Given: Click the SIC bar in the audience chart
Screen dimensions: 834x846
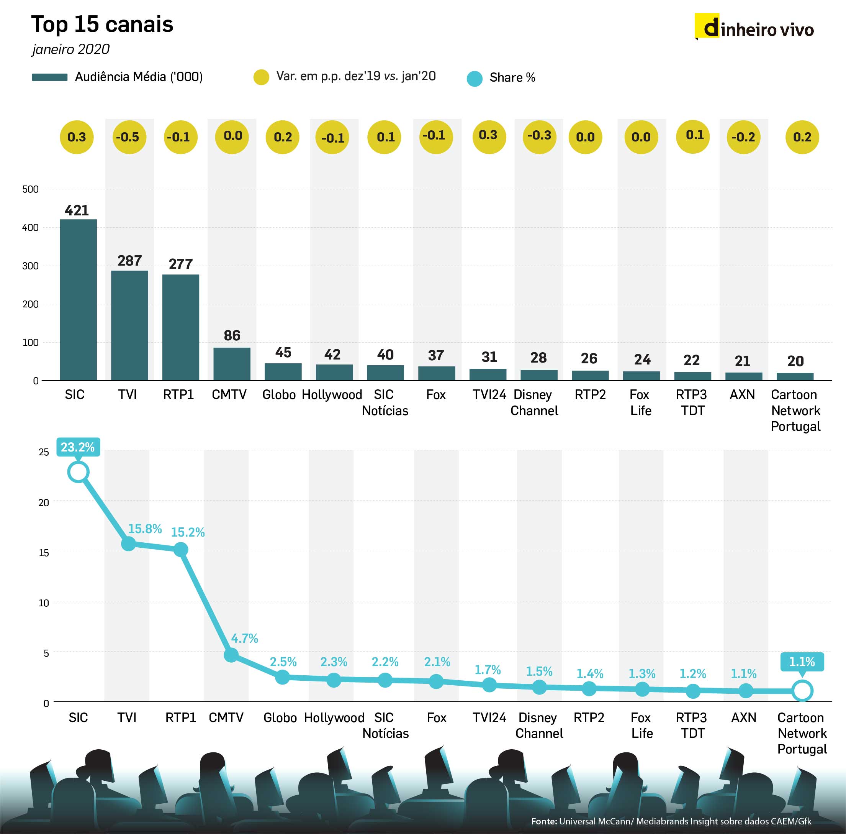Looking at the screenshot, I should [x=79, y=300].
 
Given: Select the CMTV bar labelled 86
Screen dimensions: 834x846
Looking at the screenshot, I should [x=232, y=364].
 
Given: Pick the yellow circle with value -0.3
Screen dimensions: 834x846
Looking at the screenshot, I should [x=539, y=136].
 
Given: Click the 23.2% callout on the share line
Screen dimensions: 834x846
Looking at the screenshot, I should [x=78, y=447].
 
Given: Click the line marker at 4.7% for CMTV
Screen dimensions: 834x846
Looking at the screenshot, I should [x=231, y=655].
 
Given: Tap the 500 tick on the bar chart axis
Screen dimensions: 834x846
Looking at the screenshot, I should [x=31, y=189].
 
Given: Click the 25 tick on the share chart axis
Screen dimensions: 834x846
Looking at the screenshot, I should [x=44, y=452].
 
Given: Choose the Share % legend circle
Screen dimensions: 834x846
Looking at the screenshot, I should [x=475, y=79].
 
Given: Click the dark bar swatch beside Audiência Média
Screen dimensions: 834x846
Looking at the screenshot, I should [x=49, y=77].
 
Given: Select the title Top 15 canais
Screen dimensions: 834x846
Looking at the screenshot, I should [x=102, y=25].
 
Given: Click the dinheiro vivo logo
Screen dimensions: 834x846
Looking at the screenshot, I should [x=754, y=28].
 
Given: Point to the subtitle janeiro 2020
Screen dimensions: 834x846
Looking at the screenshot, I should [x=71, y=49].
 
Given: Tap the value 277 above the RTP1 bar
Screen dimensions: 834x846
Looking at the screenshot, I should [x=181, y=264].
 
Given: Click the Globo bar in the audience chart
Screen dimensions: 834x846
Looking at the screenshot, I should [x=283, y=371].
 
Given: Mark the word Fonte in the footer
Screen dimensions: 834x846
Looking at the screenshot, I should [x=543, y=821].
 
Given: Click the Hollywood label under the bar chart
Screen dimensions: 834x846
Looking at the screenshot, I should [x=332, y=395].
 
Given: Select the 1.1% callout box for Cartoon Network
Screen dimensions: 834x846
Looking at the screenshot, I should [x=802, y=662].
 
